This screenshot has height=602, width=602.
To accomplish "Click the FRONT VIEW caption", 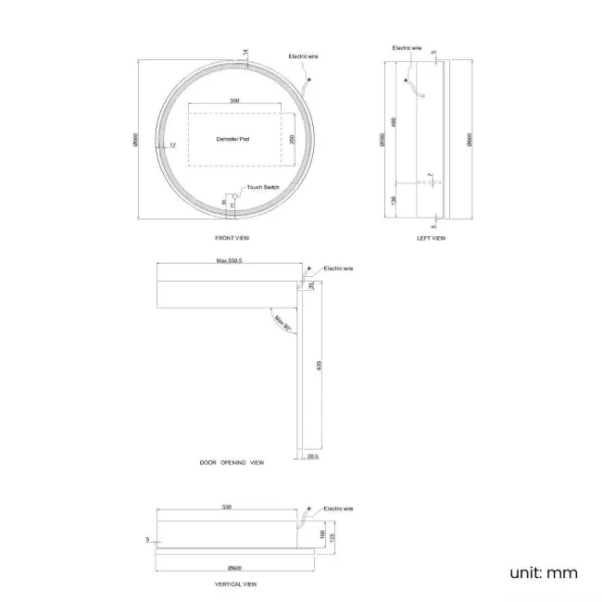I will click(232, 238).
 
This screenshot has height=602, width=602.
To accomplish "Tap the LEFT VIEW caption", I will click(432, 238).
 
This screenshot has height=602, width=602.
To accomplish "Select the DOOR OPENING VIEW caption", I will click(232, 461).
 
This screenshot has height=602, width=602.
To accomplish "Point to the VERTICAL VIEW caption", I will click(235, 584).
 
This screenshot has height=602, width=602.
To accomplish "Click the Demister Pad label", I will click(232, 139).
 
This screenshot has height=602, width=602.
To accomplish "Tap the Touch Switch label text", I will click(263, 187).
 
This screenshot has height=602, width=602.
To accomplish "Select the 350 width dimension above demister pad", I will click(234, 101).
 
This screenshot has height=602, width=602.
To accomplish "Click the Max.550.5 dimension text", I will click(229, 261).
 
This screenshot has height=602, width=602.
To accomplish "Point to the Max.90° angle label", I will click(282, 323).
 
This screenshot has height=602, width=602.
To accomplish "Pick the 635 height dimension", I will click(319, 365).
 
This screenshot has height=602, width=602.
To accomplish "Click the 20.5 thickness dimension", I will click(312, 457).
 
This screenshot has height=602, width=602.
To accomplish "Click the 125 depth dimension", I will click(331, 535).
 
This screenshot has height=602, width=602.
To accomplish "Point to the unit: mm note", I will click(543, 572).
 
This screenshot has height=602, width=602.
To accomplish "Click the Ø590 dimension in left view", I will click(384, 140).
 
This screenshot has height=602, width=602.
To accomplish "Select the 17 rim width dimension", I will click(172, 144).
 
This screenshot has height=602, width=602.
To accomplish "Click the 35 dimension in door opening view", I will click(312, 285).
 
